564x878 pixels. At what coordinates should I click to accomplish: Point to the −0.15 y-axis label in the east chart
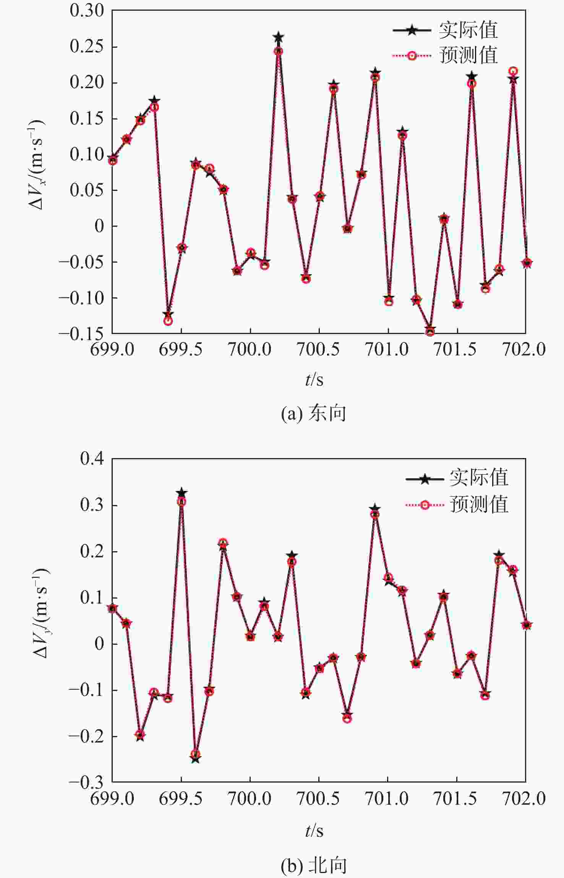pyautogui.click(x=81, y=334)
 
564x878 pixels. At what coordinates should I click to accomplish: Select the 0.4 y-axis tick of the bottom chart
pyautogui.click(x=92, y=458)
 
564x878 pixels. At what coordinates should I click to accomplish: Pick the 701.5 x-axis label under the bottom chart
pyautogui.click(x=456, y=797)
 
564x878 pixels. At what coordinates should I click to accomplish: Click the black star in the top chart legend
pyautogui.click(x=412, y=30)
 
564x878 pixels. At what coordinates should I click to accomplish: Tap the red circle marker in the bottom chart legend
pyautogui.click(x=425, y=505)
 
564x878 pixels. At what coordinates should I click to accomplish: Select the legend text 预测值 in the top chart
pyautogui.click(x=468, y=55)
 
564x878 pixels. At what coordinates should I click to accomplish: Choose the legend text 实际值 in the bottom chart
pyautogui.click(x=479, y=478)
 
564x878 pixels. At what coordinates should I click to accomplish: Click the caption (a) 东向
pyautogui.click(x=313, y=413)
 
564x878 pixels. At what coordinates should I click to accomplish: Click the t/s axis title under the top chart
pyautogui.click(x=314, y=379)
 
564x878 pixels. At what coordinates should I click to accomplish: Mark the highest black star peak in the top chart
pyautogui.click(x=278, y=37)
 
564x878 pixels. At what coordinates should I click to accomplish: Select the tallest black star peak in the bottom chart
pyautogui.click(x=182, y=493)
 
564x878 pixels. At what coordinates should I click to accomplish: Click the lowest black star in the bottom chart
pyautogui.click(x=195, y=759)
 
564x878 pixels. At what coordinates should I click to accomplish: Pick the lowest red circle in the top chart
pyautogui.click(x=430, y=332)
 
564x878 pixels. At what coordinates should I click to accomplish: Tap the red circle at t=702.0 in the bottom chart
pyautogui.click(x=527, y=625)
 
